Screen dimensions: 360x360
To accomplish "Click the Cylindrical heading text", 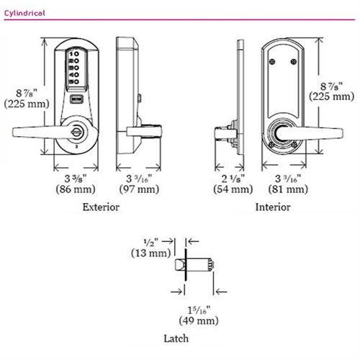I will click(25, 13).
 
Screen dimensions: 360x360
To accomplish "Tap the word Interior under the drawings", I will click(274, 207).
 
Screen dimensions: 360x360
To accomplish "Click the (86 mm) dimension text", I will click(71, 189).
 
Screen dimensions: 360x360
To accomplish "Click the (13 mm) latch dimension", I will click(149, 253).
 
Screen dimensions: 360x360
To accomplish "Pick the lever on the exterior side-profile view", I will click(144, 132).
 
